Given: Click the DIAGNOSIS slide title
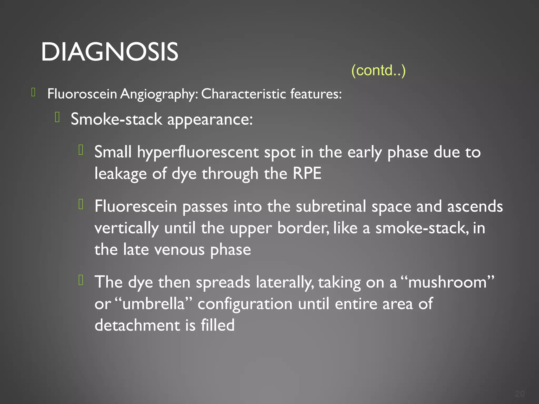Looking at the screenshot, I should [x=109, y=52].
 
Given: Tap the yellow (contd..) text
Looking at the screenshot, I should [x=378, y=70].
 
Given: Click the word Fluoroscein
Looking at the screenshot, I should [x=82, y=94].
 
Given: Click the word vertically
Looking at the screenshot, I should [x=126, y=228].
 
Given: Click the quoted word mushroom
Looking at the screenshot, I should [x=447, y=282].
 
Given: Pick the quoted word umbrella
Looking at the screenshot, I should [x=153, y=304].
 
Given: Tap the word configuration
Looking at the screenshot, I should [x=245, y=304].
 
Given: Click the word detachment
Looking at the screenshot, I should [x=137, y=325].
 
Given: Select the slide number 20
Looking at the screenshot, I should [x=520, y=394].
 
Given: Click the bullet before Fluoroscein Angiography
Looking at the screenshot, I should [x=33, y=92].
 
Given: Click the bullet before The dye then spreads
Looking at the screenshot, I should [x=81, y=280].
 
